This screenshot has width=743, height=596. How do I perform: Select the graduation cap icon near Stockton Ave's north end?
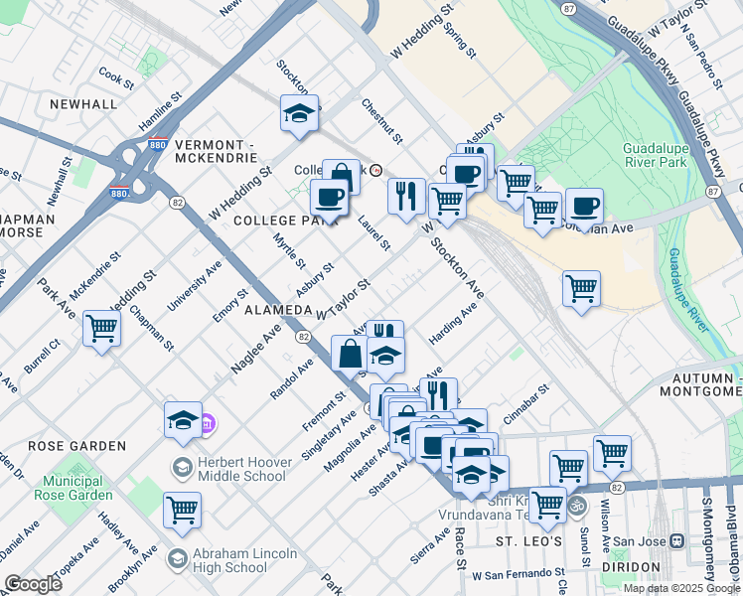[x=299, y=115]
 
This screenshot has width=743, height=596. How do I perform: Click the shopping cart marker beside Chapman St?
[x=102, y=328]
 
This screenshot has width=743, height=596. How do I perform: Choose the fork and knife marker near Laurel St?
[x=405, y=196]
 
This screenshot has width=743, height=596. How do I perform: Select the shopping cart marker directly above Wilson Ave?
[x=612, y=453]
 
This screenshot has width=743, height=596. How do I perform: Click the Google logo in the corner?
[x=33, y=584]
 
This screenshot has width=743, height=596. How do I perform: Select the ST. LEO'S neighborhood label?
[x=529, y=541]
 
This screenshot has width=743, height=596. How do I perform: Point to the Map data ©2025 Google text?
[x=681, y=588]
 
